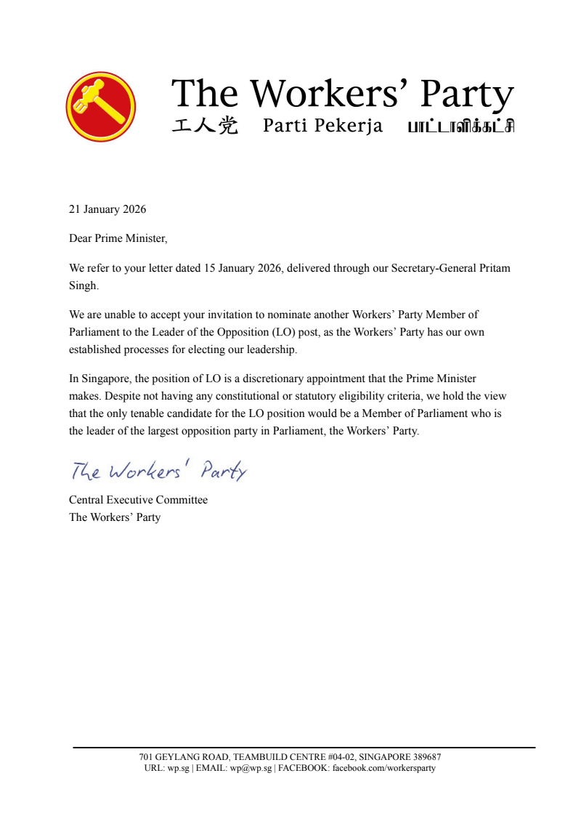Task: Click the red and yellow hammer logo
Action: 101,107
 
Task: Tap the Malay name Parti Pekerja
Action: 322,126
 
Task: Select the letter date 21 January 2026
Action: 107,209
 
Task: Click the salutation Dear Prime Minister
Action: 118,238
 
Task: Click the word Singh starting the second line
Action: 83,286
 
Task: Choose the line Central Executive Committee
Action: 138,500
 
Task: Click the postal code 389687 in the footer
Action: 425,757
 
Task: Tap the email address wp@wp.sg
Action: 251,768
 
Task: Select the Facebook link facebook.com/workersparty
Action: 383,768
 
